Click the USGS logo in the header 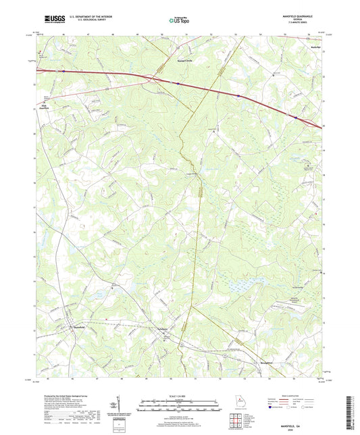pos(51,19)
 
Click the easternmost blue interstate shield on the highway pos(295,116)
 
